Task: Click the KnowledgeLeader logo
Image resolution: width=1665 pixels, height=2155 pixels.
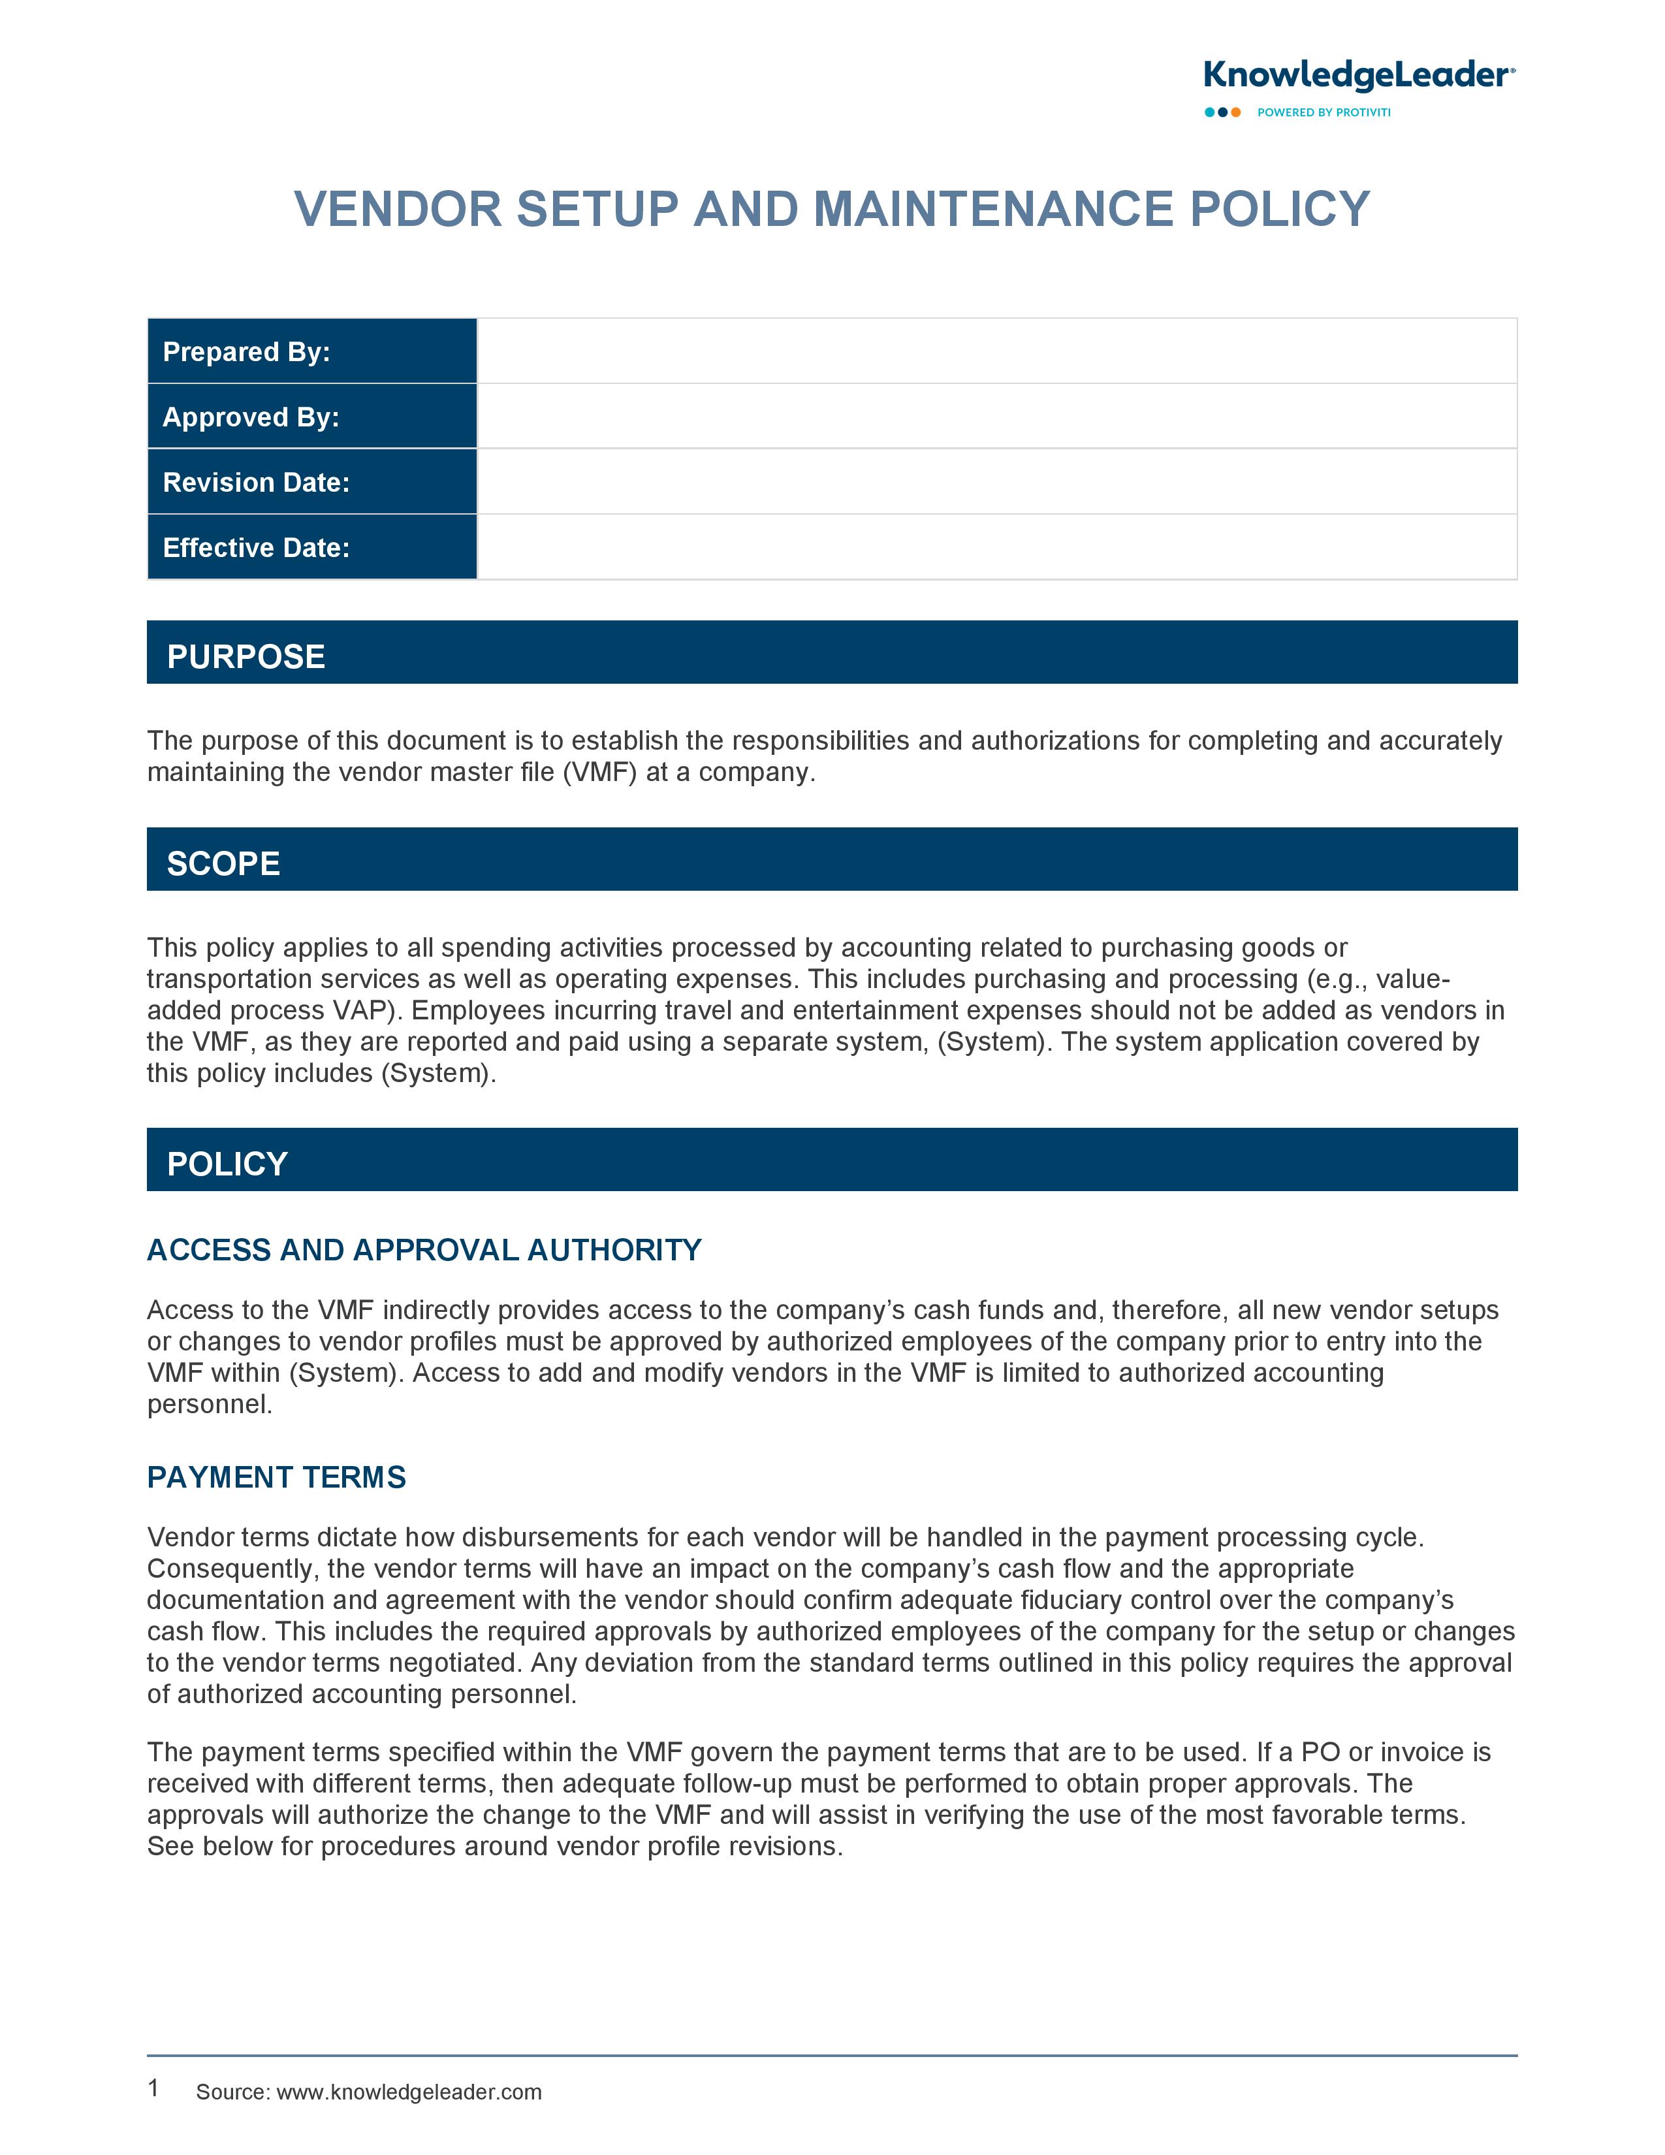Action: pos(1358,76)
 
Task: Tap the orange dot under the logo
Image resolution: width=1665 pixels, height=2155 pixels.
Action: pos(1236,112)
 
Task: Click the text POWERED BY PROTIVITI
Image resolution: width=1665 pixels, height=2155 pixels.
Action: pos(1324,112)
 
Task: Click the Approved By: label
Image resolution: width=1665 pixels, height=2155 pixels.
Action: pos(251,417)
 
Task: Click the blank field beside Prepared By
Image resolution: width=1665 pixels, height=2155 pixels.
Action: pos(996,351)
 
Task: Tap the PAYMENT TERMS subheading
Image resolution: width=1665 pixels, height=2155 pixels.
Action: pos(277,1477)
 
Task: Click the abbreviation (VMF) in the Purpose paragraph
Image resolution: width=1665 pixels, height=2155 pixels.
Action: pos(599,773)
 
